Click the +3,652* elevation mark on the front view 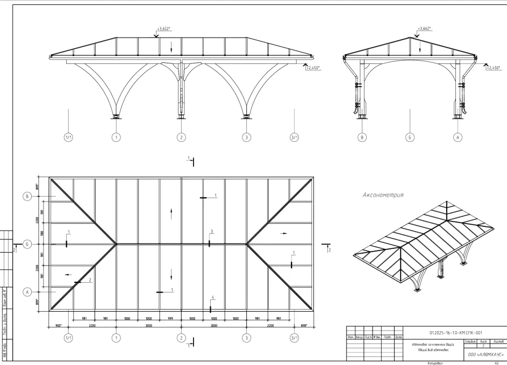tap(163, 28)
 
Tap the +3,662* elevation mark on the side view tap(424, 28)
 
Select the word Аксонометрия tap(383, 195)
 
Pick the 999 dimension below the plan tap(170, 318)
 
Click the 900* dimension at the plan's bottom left tap(58, 325)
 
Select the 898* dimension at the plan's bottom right tap(304, 325)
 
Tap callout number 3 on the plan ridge tap(212, 232)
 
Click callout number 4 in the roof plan tap(213, 298)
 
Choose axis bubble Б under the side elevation tap(410, 138)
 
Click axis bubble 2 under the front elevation tap(181, 138)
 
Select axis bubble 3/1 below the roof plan tap(295, 338)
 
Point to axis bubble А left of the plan tap(27, 292)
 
